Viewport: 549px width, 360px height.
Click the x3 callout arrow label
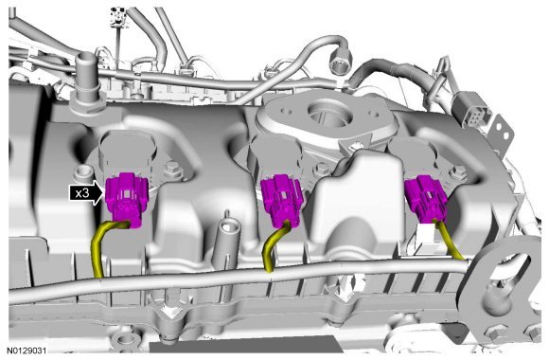[x=87, y=192]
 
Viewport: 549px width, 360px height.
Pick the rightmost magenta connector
[x=425, y=199]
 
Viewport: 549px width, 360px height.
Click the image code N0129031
[x=27, y=351]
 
